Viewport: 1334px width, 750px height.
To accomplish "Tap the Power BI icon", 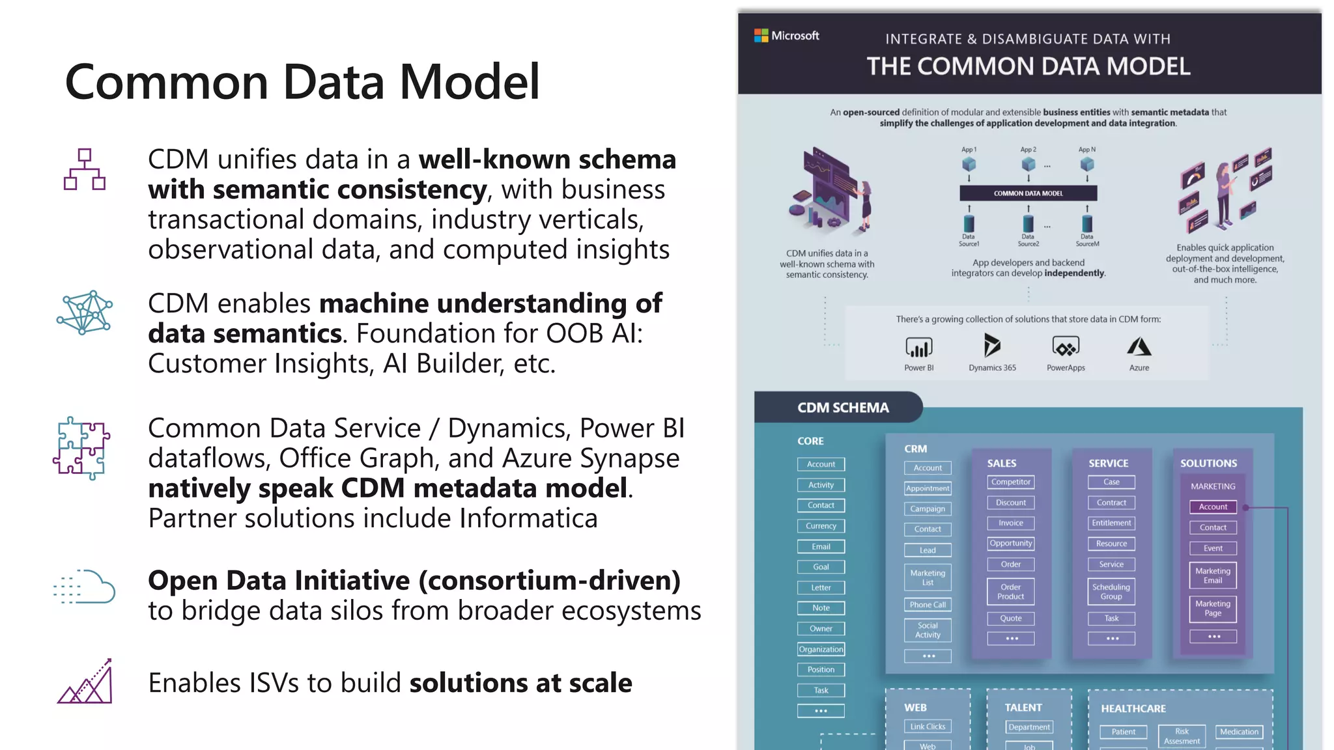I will point(918,347).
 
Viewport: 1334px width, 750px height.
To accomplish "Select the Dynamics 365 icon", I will point(991,346).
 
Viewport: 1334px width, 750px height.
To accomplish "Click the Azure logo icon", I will point(1139,346).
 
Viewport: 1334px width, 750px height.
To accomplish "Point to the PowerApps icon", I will point(1066,346).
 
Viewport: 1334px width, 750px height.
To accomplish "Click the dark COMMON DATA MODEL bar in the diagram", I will point(1028,193).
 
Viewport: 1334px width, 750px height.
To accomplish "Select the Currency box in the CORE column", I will point(821,526).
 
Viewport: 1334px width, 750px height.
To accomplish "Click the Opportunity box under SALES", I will point(1010,544).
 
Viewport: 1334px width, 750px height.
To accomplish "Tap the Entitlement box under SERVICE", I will point(1111,523).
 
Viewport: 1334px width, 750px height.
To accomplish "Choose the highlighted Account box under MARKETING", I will point(1212,507).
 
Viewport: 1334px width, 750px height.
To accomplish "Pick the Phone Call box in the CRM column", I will point(928,605).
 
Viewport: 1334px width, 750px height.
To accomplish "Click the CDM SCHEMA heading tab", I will point(843,408).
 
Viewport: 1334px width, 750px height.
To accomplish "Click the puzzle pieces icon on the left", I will point(82,449).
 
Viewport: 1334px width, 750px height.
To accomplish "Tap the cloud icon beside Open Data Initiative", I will point(85,587).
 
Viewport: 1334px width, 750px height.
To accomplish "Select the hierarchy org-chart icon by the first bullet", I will point(85,169).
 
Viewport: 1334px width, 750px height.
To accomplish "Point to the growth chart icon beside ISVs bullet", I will point(85,682).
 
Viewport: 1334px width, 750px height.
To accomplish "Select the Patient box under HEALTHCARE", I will point(1123,732).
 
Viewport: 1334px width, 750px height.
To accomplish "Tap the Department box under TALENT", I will point(1029,727).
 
